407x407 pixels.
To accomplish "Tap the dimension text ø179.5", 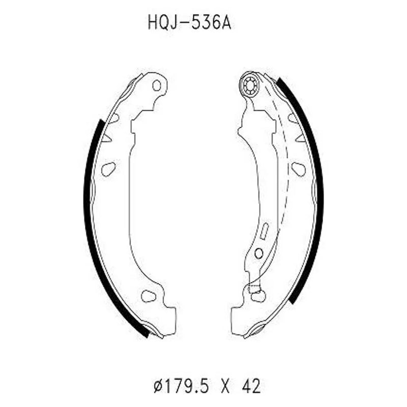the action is (x=181, y=386).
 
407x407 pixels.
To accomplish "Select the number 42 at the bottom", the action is (x=251, y=386).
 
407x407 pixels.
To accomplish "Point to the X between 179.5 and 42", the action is (x=225, y=387).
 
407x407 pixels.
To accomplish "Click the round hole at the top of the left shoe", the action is (x=157, y=85).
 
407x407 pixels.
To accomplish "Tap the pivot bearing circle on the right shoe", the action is (x=250, y=85).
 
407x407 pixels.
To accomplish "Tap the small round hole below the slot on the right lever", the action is (x=259, y=253).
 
